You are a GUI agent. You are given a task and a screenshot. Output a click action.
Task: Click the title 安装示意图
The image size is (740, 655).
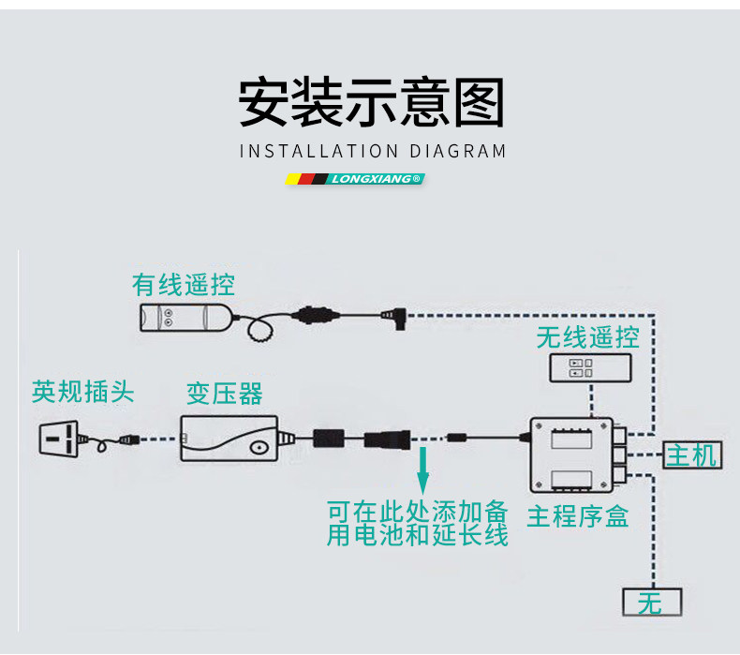[x=371, y=103]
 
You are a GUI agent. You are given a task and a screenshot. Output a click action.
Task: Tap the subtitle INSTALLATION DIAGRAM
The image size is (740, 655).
[x=372, y=151]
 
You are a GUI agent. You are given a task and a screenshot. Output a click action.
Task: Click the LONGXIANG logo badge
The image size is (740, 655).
[x=355, y=178]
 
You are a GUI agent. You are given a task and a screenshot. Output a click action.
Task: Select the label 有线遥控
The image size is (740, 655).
[x=184, y=283]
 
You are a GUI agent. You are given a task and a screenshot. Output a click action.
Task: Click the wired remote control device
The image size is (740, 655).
[x=184, y=317]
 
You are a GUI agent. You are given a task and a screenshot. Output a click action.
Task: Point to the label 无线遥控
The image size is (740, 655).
[x=587, y=337]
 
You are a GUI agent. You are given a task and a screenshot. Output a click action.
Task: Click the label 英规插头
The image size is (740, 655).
[x=83, y=391]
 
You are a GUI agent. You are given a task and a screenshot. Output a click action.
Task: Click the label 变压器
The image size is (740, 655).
[x=224, y=394]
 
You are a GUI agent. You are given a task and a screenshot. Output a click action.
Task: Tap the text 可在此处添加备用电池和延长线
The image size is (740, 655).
[x=417, y=524]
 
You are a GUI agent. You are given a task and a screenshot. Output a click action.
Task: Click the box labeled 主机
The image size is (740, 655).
[x=691, y=455]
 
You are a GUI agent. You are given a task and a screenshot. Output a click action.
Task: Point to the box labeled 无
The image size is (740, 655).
[x=652, y=603]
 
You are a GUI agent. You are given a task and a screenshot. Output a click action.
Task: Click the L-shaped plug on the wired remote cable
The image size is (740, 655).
[x=391, y=318]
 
